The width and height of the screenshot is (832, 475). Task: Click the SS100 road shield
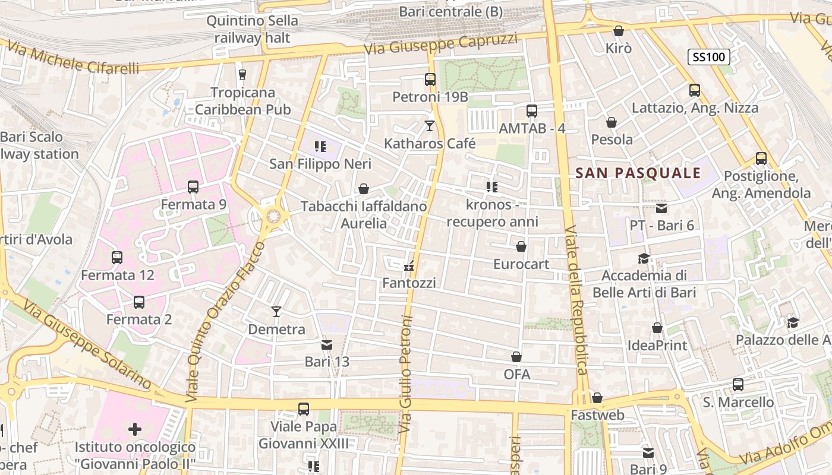tap(708, 57)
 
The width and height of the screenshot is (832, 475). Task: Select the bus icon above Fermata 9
tap(193, 187)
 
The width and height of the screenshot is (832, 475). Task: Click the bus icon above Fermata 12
tap(117, 258)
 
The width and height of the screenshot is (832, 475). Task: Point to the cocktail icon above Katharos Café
tap(430, 126)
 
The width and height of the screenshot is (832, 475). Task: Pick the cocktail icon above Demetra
tap(276, 312)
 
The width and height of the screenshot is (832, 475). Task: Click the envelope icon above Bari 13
tap(326, 344)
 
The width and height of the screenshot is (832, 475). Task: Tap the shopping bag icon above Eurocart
tap(521, 246)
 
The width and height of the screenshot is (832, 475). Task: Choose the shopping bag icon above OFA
tap(516, 357)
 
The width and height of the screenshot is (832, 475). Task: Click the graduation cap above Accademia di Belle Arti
tap(644, 258)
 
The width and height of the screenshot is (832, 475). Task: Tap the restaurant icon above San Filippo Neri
tap(320, 147)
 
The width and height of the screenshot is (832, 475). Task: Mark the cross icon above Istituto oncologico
tap(135, 429)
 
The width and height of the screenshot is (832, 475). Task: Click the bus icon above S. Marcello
tap(738, 385)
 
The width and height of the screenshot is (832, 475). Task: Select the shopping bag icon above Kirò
tap(619, 31)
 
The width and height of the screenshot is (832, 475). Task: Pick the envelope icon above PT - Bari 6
tap(661, 208)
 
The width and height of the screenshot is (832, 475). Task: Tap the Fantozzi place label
tap(409, 283)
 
